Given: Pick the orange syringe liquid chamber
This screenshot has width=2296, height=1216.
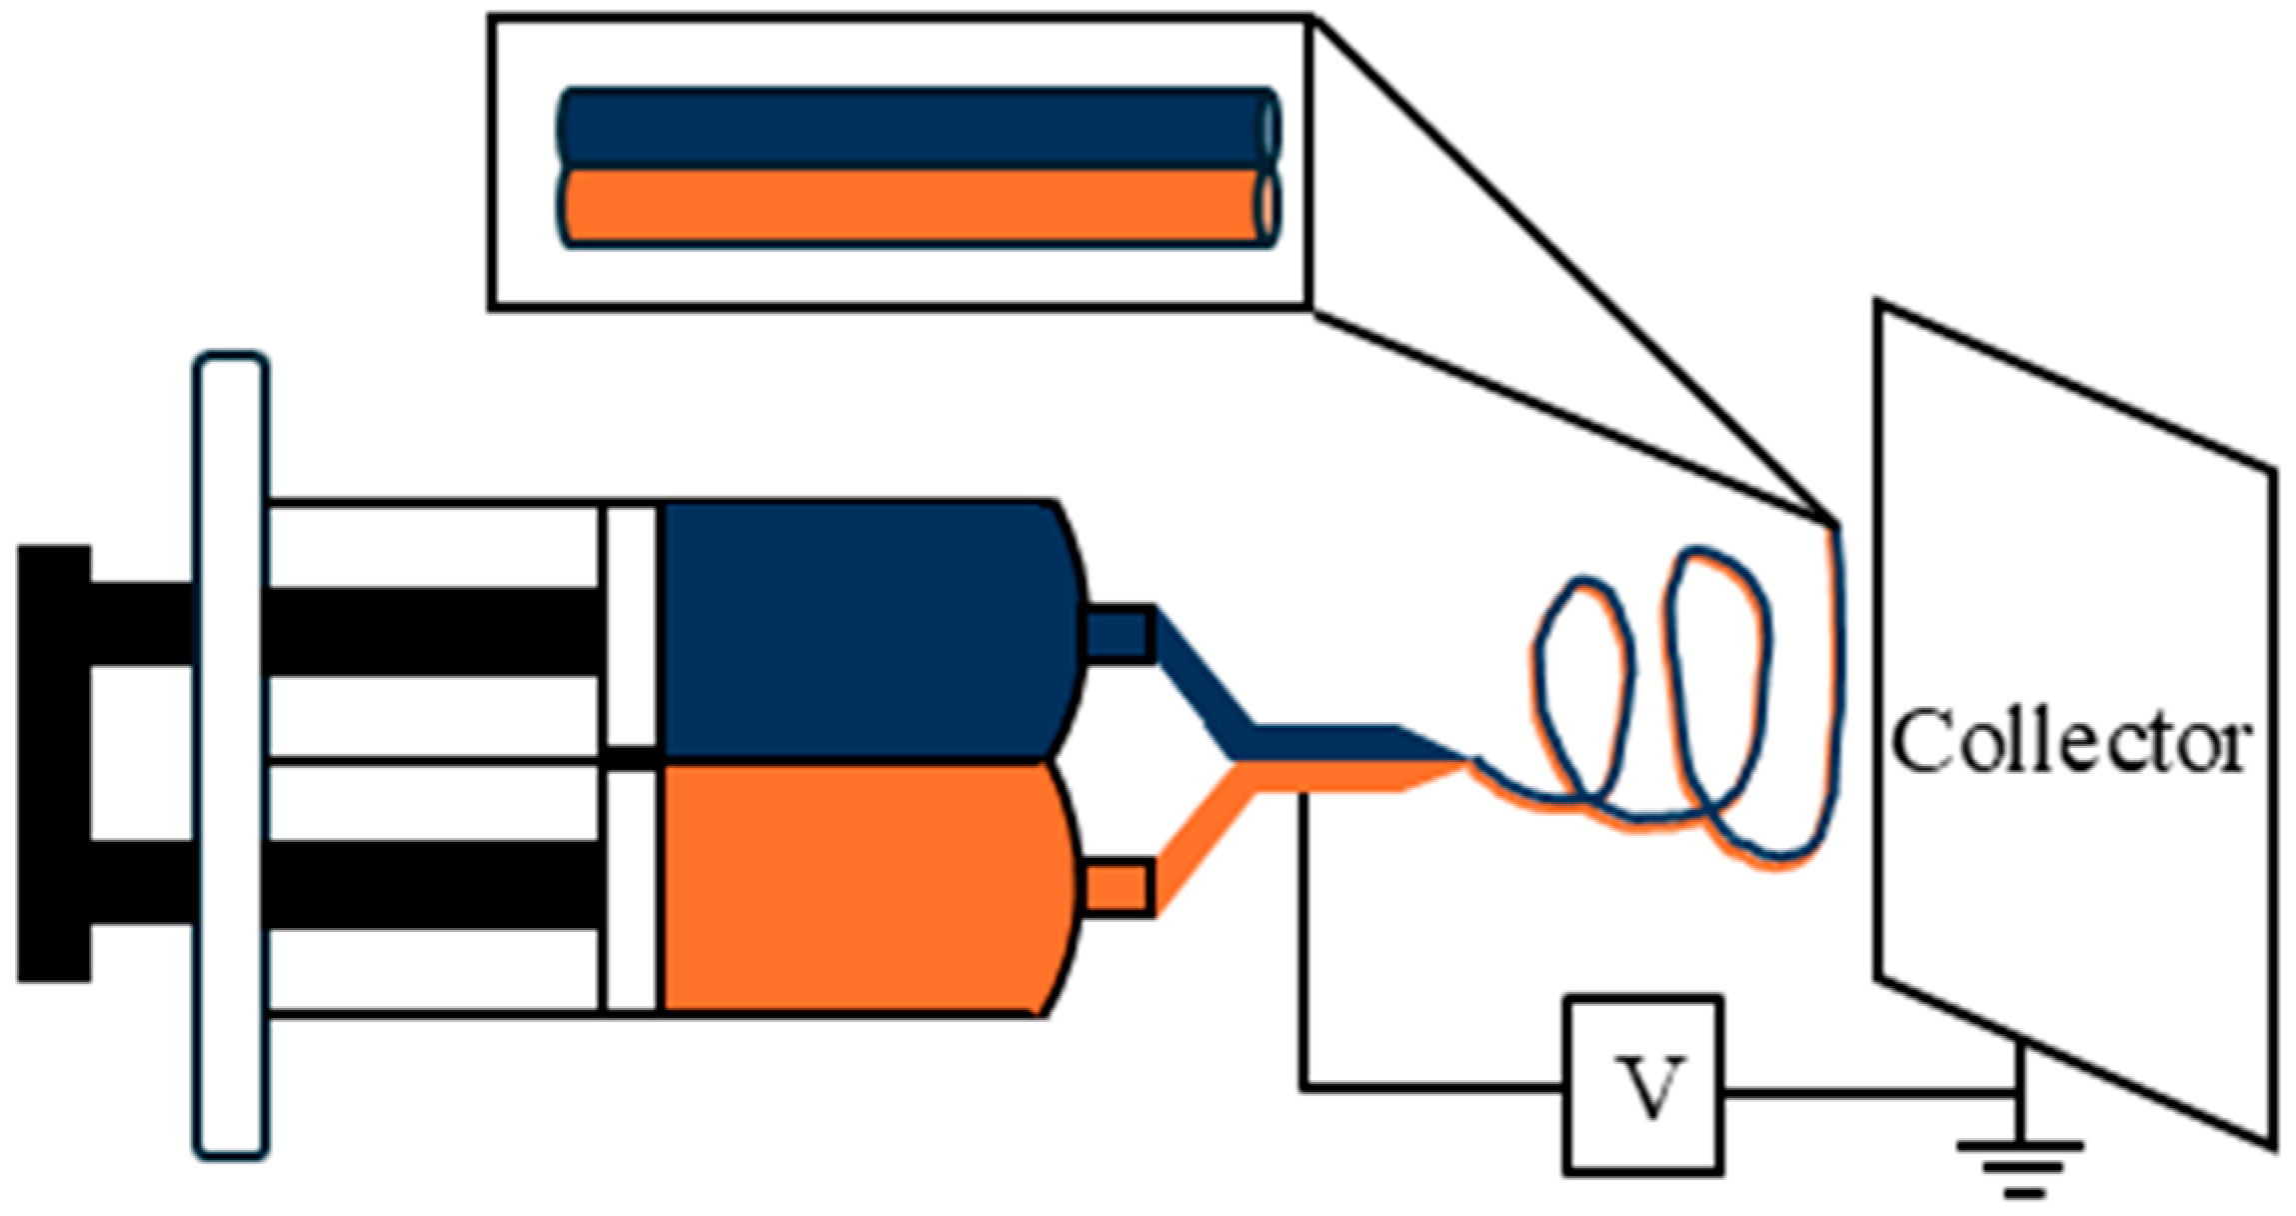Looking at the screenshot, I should pos(865,890).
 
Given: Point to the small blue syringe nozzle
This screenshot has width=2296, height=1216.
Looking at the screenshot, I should pos(1118,633).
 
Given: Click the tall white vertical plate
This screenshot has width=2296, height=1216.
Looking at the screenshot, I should pos(231,755).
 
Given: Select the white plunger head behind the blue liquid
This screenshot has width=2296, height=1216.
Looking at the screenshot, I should pos(632,626).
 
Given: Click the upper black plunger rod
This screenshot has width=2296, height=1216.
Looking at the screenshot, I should pos(430,630).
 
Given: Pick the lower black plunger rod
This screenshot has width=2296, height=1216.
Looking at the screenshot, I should pos(430,884).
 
